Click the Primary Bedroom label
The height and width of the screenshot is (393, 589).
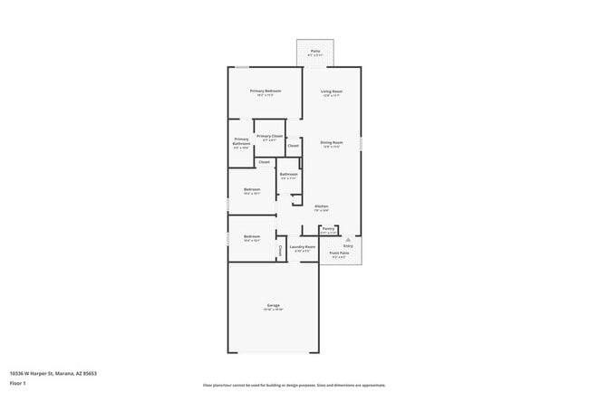pyautogui.click(x=266, y=91)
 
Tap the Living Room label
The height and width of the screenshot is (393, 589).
pyautogui.click(x=331, y=91)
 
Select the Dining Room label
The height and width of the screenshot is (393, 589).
pyautogui.click(x=331, y=142)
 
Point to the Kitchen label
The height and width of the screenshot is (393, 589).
pyautogui.click(x=321, y=206)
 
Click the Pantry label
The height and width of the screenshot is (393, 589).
pyautogui.click(x=329, y=229)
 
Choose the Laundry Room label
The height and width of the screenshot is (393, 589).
pyautogui.click(x=302, y=246)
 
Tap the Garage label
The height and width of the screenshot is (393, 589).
pyautogui.click(x=273, y=305)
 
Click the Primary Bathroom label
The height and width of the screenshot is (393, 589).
pyautogui.click(x=241, y=141)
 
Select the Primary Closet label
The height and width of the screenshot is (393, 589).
pyautogui.click(x=270, y=136)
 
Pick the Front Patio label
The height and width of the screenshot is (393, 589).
pyautogui.click(x=341, y=254)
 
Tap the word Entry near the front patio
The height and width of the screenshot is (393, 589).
pyautogui.click(x=348, y=245)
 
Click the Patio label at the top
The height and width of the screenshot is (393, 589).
pyautogui.click(x=314, y=52)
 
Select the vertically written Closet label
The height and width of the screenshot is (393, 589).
pyautogui.click(x=280, y=251)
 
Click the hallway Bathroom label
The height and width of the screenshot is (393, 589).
pyautogui.click(x=288, y=174)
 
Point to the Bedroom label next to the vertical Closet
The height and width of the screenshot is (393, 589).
pyautogui.click(x=252, y=236)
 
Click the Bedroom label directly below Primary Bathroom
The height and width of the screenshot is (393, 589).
pyautogui.click(x=252, y=189)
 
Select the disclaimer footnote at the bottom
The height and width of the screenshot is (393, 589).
pyautogui.click(x=294, y=385)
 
